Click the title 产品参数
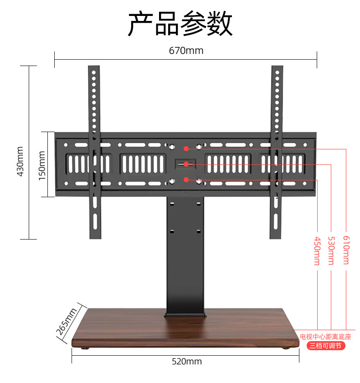[x=180, y=24]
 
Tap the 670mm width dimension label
[x=186, y=51]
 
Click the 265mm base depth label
[x=67, y=321]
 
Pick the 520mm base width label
[x=186, y=362]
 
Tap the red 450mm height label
[x=317, y=251]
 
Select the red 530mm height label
[x=331, y=251]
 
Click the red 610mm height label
[x=346, y=250]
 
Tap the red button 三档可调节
[x=325, y=346]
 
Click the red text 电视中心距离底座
[x=325, y=337]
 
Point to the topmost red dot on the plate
[x=186, y=148]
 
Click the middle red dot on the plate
[x=186, y=164]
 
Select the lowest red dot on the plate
[x=186, y=179]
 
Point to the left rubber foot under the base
[x=85, y=348]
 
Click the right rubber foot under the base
[x=285, y=348]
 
